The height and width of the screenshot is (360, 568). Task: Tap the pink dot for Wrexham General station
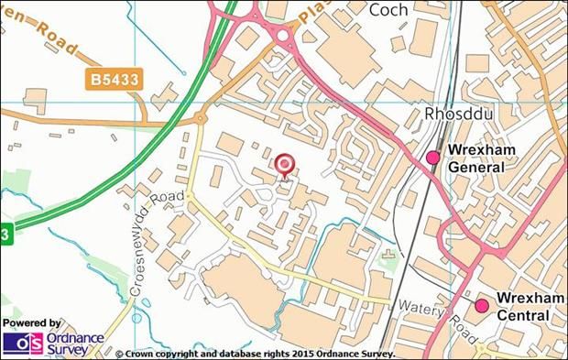pyautogui.click(x=433, y=158)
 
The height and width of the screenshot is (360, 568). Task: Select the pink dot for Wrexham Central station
pyautogui.click(x=482, y=305)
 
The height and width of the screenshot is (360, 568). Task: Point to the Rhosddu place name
pyautogui.click(x=453, y=114)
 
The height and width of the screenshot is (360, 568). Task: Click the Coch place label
pyautogui.click(x=388, y=10)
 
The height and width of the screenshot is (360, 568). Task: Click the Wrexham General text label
pyautogui.click(x=475, y=158)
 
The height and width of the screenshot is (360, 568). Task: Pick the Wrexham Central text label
pyautogui.click(x=523, y=307)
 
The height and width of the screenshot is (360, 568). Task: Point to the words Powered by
pyautogui.click(x=32, y=323)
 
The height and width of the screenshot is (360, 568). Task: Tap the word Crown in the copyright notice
pyautogui.click(x=143, y=353)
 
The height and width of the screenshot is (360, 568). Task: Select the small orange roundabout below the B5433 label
pyautogui.click(x=199, y=117)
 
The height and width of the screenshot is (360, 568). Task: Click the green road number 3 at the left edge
pyautogui.click(x=5, y=235)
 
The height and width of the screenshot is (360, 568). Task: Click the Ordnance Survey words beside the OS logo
pyautogui.click(x=72, y=344)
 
